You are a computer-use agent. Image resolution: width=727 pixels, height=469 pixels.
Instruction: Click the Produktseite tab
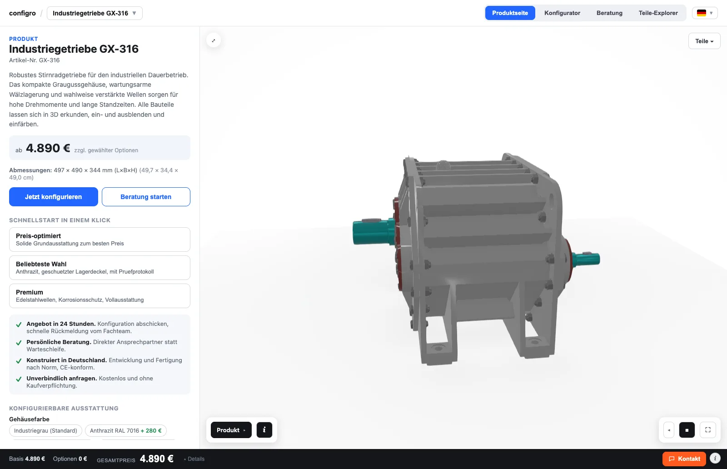(x=510, y=13)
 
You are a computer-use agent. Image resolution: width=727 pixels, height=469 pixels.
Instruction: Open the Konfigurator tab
(x=562, y=13)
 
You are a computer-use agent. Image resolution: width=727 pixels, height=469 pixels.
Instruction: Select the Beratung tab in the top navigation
(x=609, y=13)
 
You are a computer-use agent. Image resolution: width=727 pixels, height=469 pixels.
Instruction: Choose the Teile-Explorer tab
(x=658, y=13)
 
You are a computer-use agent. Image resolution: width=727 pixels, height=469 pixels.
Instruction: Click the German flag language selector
(x=705, y=13)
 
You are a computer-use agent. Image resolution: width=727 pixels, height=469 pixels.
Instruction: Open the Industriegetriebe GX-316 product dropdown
(x=95, y=13)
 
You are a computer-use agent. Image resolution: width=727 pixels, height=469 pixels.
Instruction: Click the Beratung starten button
(x=146, y=197)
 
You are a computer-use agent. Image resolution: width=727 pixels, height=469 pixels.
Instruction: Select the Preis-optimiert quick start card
(x=100, y=239)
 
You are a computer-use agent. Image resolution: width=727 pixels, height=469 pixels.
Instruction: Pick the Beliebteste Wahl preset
(x=100, y=268)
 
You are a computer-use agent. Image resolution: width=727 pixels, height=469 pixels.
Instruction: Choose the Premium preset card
(x=100, y=296)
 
